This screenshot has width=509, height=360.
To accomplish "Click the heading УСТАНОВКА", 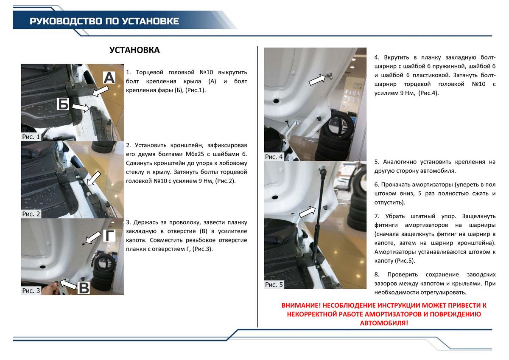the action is click(134, 50).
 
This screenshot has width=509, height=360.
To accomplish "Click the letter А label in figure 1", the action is click(109, 78).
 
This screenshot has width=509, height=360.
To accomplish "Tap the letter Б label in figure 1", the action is click(63, 104).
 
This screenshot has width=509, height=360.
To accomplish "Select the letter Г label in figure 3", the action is click(109, 236).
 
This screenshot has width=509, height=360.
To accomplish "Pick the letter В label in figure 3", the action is click(84, 288).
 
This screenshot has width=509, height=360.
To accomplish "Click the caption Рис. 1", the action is click(31, 137).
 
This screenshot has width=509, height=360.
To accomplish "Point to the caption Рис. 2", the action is click(31, 214).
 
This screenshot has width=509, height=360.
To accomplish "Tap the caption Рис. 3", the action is click(31, 291).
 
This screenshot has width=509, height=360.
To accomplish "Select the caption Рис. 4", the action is click(274, 157).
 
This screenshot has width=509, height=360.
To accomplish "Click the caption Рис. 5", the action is click(274, 284).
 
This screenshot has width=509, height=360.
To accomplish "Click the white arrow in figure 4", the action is click(317, 79).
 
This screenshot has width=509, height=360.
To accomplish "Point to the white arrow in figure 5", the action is click(307, 212).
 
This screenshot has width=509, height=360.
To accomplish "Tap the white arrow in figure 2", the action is click(94, 178).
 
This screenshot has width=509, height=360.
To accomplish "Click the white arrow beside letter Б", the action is click(81, 107).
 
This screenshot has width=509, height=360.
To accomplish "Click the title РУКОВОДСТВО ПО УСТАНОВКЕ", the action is click(104, 21).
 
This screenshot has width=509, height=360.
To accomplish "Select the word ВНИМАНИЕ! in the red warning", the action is click(301, 305).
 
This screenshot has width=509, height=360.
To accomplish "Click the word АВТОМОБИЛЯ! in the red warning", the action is click(384, 323).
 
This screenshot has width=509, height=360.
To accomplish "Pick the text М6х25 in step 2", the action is click(195, 154).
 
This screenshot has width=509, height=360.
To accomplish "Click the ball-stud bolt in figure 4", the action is click(330, 76).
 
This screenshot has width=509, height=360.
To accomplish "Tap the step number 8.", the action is click(377, 275).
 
